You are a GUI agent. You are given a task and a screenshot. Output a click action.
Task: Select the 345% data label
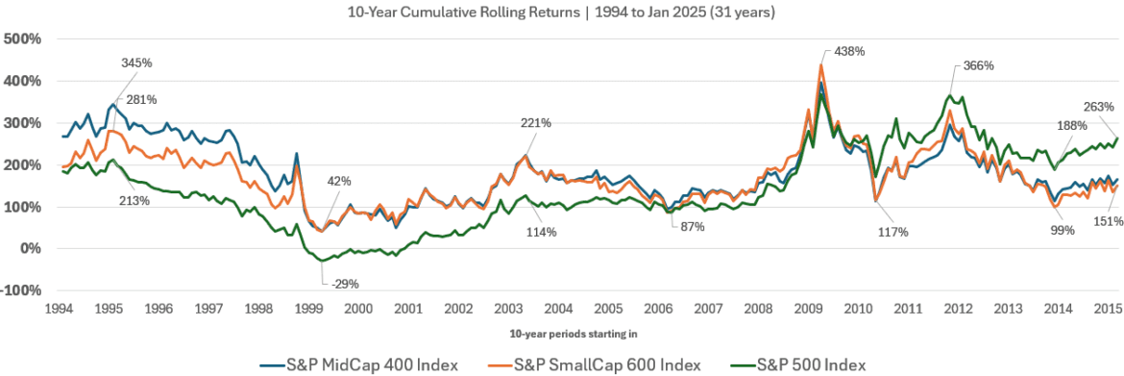tap(136, 63)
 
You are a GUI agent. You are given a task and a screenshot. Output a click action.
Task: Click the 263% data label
tap(1098, 107)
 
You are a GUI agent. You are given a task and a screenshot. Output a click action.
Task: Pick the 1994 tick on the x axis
tap(61, 310)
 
